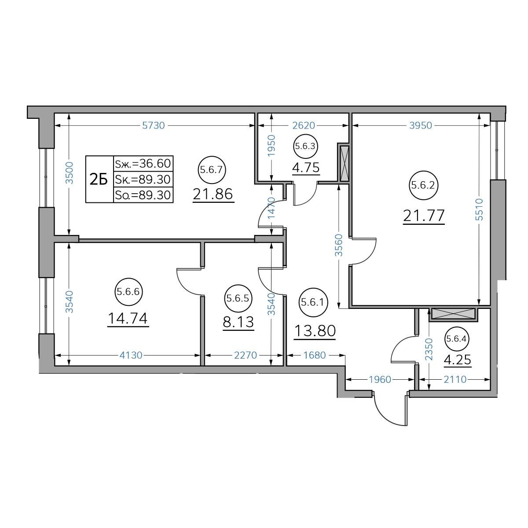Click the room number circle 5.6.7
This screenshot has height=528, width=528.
click(212, 170)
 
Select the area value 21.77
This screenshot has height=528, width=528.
click(423, 216)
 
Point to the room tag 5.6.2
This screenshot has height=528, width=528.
click(423, 186)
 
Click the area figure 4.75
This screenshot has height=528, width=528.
click(306, 168)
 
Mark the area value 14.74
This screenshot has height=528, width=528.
click(128, 319)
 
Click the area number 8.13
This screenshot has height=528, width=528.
click(238, 322)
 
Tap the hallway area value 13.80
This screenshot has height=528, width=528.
click(315, 331)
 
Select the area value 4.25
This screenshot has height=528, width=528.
click(457, 359)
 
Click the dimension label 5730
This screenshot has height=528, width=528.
click(154, 125)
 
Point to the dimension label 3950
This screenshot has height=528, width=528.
click(421, 125)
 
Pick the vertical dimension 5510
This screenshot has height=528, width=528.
click(479, 209)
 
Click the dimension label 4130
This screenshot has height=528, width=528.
click(131, 356)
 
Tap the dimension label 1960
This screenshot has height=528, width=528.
click(380, 379)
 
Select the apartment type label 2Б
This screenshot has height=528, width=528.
click(99, 180)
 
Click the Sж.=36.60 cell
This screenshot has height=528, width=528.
click(143, 164)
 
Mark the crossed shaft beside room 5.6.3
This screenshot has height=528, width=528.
click(345, 164)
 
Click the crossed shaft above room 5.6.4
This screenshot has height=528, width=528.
click(453, 314)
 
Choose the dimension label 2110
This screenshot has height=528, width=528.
click(455, 379)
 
